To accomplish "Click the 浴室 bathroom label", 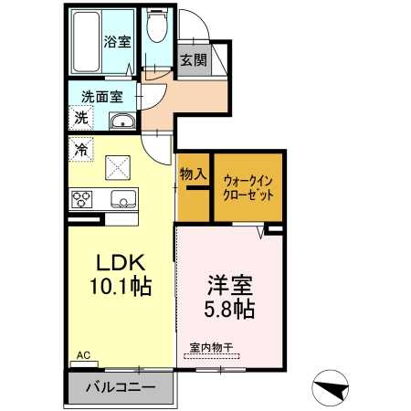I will coord(116,41).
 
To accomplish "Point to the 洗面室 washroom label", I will coord(95,95).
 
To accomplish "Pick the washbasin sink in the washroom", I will coord(121,122).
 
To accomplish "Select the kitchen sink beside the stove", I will coord(121,199).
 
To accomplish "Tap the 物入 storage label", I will coord(193,173).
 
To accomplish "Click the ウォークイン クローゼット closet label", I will coord(248,188).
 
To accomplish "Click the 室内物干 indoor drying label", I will coord(212,347).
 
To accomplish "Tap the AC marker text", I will coord(83,354).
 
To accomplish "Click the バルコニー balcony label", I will coord(121,387).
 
